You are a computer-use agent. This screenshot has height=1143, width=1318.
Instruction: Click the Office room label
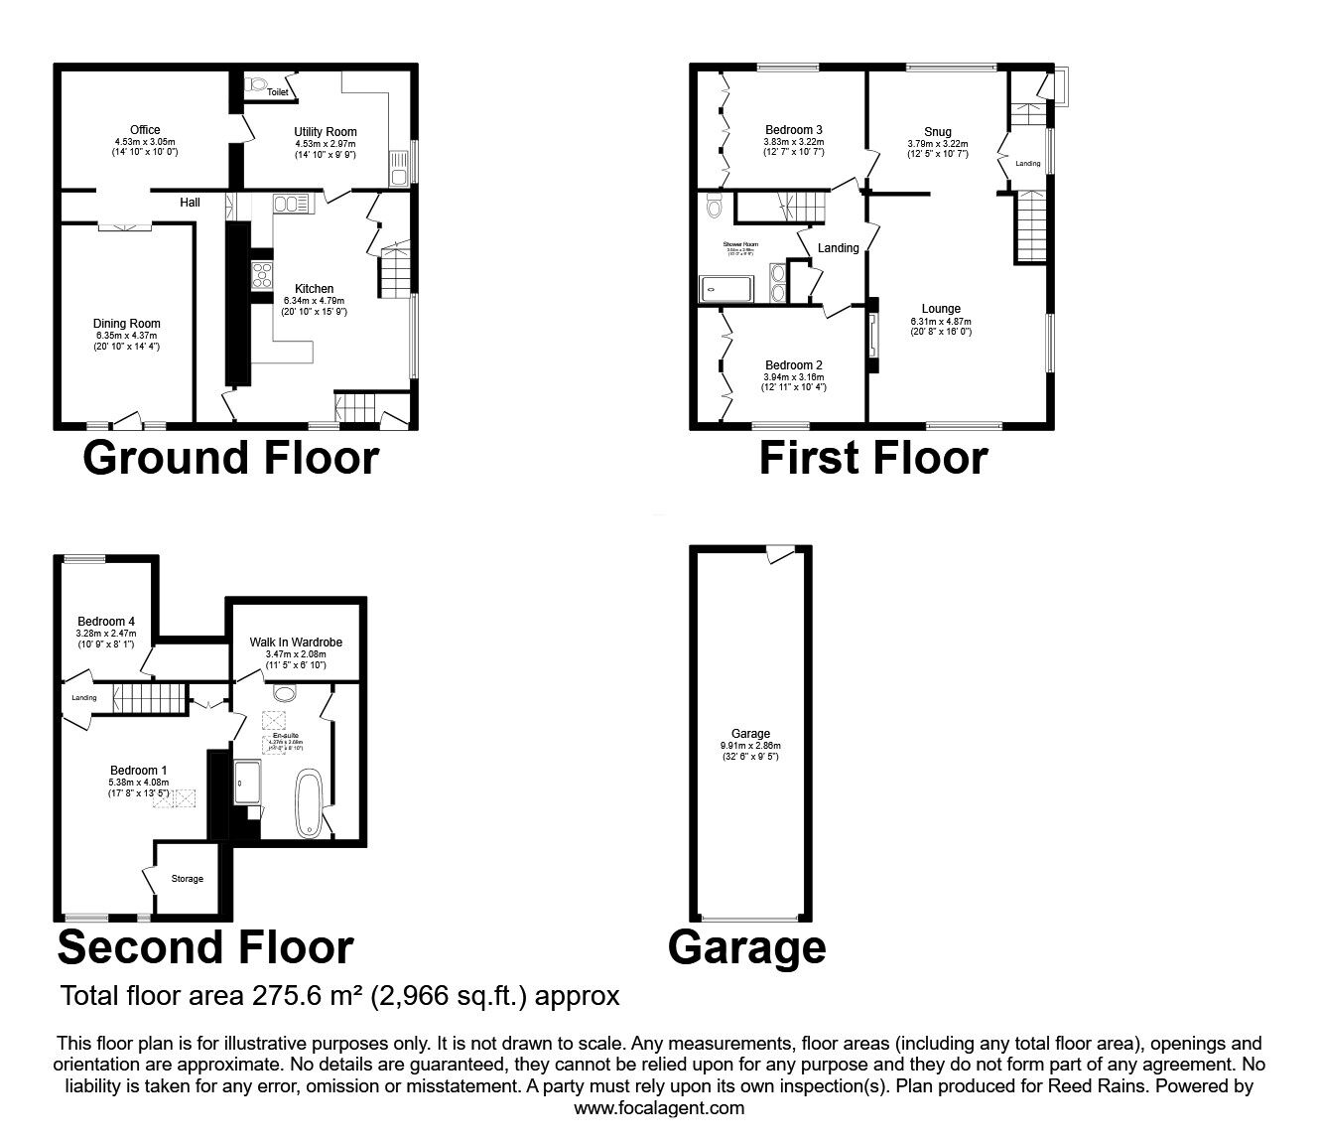coord(145,130)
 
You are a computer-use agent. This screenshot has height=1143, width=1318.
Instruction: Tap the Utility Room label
coord(325,132)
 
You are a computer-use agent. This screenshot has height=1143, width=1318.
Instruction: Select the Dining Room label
coord(127,324)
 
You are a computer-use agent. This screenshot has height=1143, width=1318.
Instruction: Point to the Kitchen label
coord(314,289)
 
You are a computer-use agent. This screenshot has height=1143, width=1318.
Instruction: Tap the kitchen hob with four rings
coord(262,274)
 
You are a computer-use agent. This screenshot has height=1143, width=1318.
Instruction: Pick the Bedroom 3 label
coord(793,130)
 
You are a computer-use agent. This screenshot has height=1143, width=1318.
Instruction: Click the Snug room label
coord(937,132)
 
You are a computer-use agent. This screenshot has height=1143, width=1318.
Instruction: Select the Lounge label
coord(940,309)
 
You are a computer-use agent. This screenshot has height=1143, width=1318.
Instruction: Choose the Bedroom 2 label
coord(793,365)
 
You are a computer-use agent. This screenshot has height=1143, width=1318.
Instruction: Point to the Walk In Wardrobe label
coord(296,643)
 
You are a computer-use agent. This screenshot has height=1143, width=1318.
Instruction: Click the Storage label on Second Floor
coord(188,879)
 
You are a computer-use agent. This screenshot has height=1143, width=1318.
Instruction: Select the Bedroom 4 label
coord(106,622)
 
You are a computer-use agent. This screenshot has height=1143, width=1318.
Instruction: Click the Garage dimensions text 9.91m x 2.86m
coord(750,746)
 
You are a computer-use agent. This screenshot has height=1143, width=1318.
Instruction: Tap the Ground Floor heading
coord(230,458)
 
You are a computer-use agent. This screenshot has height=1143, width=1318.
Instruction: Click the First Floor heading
coord(873,458)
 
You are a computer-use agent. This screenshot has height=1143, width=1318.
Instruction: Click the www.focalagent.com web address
coord(659,1108)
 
